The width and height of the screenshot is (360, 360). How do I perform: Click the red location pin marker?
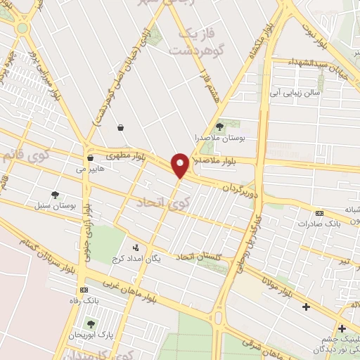tap(180, 165)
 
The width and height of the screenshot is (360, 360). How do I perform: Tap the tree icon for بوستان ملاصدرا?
tap(220, 127)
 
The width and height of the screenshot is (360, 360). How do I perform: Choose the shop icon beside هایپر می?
tap(91, 157)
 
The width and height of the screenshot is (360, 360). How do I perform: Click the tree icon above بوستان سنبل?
tap(55, 195)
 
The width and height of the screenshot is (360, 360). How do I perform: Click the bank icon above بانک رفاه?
tap(84, 290)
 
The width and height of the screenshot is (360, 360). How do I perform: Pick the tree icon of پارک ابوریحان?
tap(90, 323)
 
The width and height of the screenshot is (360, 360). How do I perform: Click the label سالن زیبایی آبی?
tap(295, 93)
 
